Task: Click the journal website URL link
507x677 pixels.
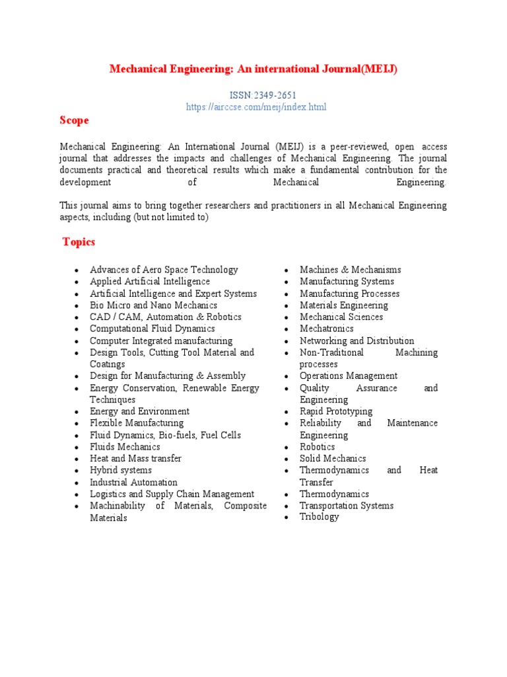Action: (x=257, y=106)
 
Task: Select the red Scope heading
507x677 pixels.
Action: (x=74, y=120)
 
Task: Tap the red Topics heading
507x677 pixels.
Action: (x=79, y=242)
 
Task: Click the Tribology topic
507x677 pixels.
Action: (x=320, y=517)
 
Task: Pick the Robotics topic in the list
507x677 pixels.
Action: (x=318, y=447)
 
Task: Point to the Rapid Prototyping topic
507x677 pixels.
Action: (x=336, y=411)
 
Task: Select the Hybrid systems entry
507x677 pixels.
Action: (x=121, y=470)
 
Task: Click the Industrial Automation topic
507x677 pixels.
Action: (x=133, y=482)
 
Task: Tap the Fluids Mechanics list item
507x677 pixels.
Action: (x=125, y=447)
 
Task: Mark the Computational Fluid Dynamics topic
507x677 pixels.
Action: (x=152, y=329)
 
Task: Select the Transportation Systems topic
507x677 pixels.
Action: (x=347, y=506)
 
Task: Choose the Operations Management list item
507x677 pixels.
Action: (x=349, y=376)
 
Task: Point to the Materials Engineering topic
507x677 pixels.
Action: (x=344, y=305)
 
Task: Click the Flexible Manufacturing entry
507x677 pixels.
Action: (x=137, y=423)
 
